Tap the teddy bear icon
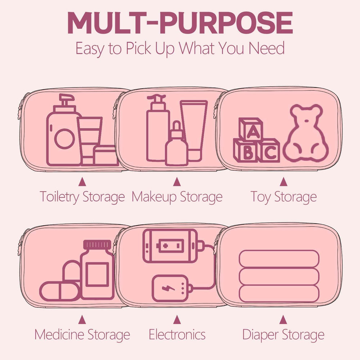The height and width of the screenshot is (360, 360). pyautogui.click(x=305, y=133)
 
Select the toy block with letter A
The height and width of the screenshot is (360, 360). pyautogui.click(x=251, y=129)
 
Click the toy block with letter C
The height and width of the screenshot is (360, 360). pyautogui.click(x=269, y=150)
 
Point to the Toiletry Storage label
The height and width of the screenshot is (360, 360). pyautogui.click(x=82, y=197)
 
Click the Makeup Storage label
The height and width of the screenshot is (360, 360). pyautogui.click(x=177, y=197)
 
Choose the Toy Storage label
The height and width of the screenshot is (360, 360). pyautogui.click(x=284, y=197)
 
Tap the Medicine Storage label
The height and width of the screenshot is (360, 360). pyautogui.click(x=82, y=334)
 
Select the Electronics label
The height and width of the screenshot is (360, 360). pyautogui.click(x=177, y=334)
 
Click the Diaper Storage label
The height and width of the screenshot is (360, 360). pyautogui.click(x=283, y=334)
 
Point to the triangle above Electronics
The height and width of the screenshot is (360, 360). pyautogui.click(x=177, y=319)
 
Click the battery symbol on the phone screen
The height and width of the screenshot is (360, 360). pyautogui.click(x=170, y=246)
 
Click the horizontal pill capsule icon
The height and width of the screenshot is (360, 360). pyautogui.click(x=60, y=291)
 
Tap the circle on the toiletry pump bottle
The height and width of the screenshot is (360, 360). pyautogui.click(x=64, y=139)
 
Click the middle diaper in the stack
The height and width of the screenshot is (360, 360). pyautogui.click(x=279, y=276)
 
